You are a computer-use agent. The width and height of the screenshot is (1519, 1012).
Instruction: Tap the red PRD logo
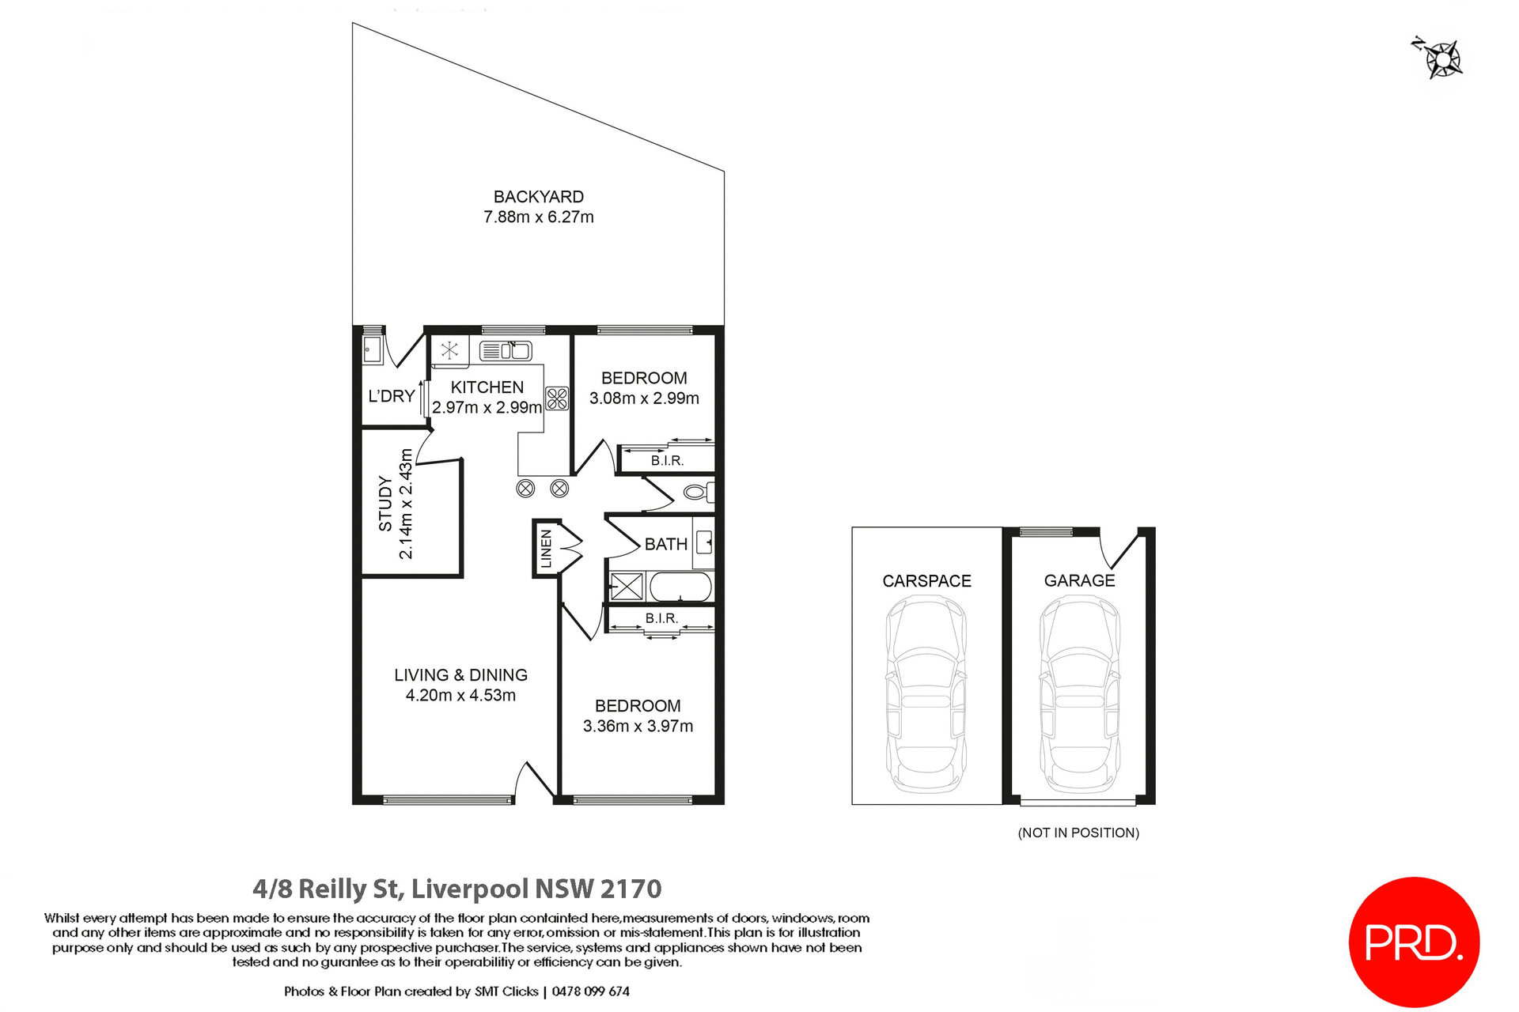tap(1413, 942)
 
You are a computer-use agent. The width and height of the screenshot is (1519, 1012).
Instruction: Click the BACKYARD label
tap(538, 197)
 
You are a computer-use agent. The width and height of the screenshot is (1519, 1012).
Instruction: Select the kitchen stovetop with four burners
tap(557, 398)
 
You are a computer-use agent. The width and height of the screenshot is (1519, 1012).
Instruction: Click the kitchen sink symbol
tap(506, 350)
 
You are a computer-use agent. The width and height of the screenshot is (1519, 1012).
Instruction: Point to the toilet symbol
tap(698, 493)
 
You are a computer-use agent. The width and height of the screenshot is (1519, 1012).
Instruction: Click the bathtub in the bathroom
tap(680, 587)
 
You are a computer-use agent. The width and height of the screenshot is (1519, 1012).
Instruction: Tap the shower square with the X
tap(627, 587)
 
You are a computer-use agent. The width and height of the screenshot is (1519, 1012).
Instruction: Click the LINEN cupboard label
tap(546, 549)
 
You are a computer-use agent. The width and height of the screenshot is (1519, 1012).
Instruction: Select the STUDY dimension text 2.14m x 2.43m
tap(405, 504)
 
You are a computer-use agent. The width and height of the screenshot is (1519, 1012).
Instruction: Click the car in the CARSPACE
tap(926, 694)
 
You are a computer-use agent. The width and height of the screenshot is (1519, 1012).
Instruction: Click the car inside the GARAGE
tap(1079, 694)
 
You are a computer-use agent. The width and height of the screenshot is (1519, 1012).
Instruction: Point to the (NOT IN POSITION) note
tap(1078, 833)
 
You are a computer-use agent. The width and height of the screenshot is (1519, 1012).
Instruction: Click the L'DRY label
tap(392, 396)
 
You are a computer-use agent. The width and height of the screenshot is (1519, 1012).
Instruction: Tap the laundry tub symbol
tap(372, 349)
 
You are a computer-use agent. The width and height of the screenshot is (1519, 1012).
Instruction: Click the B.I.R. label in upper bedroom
tap(667, 460)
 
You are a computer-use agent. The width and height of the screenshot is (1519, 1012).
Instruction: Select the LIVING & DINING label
tap(460, 675)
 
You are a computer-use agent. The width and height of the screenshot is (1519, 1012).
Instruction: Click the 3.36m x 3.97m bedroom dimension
tap(638, 726)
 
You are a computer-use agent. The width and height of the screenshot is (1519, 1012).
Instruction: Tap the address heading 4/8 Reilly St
tap(456, 889)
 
